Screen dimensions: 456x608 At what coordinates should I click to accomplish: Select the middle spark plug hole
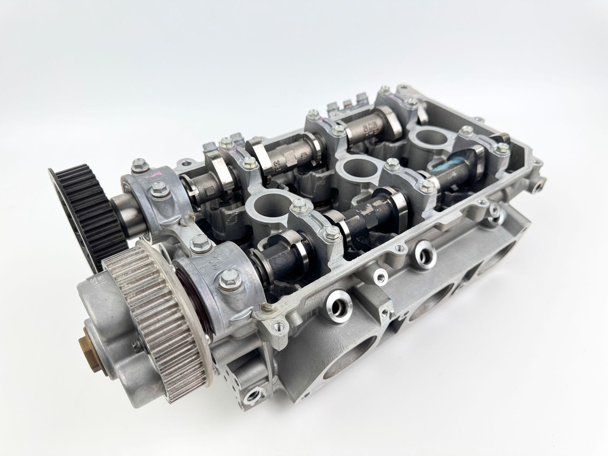[x=358, y=170]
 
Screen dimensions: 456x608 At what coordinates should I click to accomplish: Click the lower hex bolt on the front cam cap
[x=230, y=279]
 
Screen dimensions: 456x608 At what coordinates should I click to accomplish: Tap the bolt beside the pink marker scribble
[x=140, y=166]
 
